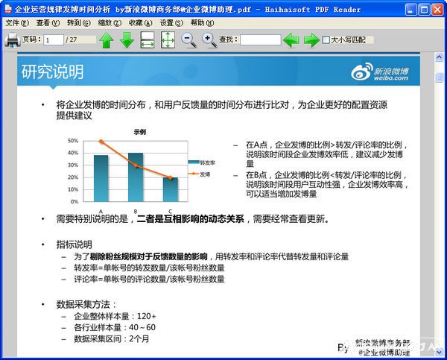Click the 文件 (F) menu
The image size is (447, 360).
[x=16, y=23]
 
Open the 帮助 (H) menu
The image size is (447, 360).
[x=203, y=23]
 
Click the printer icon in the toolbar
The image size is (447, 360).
[x=12, y=40]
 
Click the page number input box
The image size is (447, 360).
[x=54, y=40]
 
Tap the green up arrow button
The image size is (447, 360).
[x=106, y=40]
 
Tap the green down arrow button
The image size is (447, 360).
[x=127, y=40]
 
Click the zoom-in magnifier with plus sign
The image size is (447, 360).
[x=209, y=40]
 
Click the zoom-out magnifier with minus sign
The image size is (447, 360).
[x=189, y=40]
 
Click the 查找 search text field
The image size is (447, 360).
[x=260, y=40]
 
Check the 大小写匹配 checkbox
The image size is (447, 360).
[x=326, y=40]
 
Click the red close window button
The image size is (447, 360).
[x=438, y=10]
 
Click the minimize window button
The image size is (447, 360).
[x=408, y=10]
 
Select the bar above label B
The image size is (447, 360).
[x=136, y=177]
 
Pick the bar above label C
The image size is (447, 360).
[x=170, y=189]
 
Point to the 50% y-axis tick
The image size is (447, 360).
[x=73, y=140]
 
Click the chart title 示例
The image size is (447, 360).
[x=140, y=131]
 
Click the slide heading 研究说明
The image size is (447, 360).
[x=52, y=72]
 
